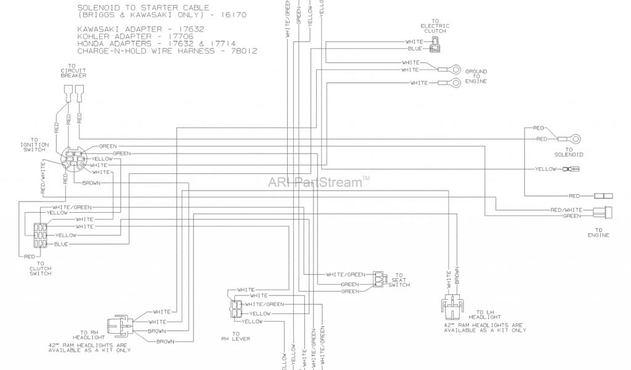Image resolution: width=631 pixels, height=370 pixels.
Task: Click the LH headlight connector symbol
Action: (452, 305)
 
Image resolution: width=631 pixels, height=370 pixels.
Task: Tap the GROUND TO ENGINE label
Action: (476, 76)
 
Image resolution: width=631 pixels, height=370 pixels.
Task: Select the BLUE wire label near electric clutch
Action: (414, 48)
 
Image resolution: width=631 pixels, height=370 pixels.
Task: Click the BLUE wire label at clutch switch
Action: (62, 244)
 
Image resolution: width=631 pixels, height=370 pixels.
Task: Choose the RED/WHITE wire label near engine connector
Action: (563, 210)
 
